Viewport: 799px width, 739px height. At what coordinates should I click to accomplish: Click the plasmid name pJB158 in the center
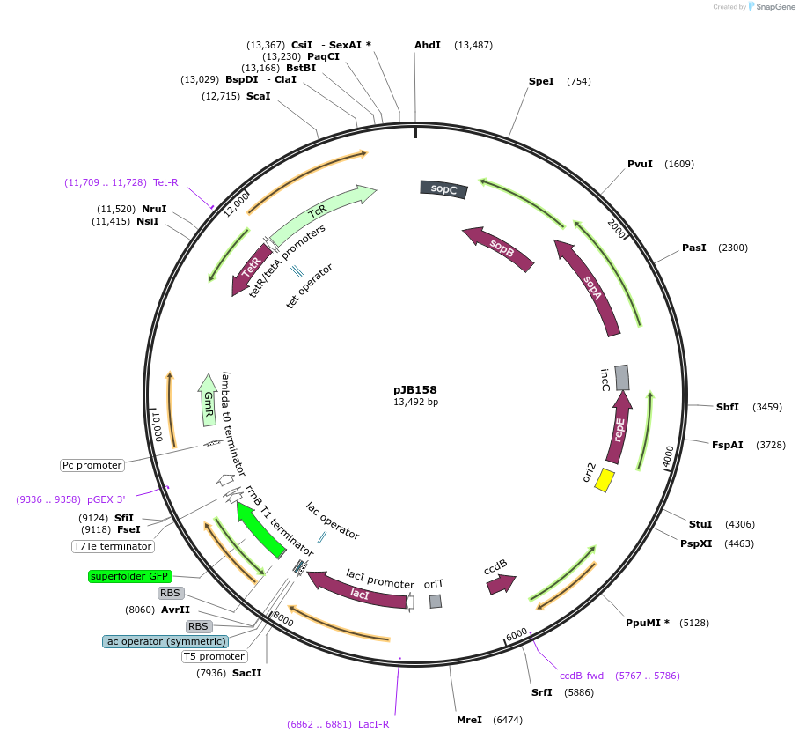click(414, 389)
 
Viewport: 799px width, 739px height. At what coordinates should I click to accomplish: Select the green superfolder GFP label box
click(128, 576)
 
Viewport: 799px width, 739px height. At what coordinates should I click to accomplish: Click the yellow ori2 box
click(605, 480)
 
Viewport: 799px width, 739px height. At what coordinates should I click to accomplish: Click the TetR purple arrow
click(249, 270)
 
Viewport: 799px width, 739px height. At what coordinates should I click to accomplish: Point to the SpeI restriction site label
click(541, 82)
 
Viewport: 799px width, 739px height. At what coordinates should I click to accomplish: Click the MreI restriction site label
click(469, 720)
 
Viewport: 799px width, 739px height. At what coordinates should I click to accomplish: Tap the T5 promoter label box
click(215, 656)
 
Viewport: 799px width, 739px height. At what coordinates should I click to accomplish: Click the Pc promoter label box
click(92, 465)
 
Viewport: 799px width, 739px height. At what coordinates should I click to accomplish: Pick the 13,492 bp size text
click(415, 403)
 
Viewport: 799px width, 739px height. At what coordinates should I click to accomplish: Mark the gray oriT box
click(436, 601)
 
